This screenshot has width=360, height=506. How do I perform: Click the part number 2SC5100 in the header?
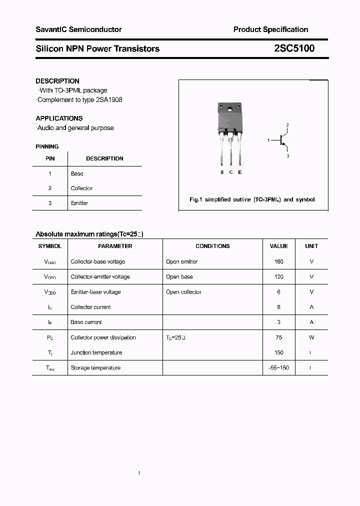pos(294,48)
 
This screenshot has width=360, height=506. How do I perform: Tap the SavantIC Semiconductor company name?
pos(78,29)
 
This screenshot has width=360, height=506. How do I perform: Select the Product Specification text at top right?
pos(270,29)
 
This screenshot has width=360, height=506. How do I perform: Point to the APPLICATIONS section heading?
pos(59,118)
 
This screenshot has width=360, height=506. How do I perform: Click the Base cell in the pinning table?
pos(77,173)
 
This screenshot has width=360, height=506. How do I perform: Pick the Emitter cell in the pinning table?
pos(79,203)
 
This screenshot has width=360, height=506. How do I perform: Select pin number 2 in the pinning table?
pos(50,188)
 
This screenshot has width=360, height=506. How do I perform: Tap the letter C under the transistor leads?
pos(231,172)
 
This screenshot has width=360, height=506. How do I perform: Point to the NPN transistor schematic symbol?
pos(282,140)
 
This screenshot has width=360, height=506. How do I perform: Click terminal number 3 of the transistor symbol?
pos(287,156)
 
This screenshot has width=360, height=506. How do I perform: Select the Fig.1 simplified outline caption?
pos(252,199)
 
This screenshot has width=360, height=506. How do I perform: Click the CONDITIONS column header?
pos(212,246)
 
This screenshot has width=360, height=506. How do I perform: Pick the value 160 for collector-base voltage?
pos(278,261)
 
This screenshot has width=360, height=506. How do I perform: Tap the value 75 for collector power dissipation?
pos(278,337)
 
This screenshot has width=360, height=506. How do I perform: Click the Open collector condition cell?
pos(183,292)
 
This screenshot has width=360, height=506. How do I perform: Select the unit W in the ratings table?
pos(311,337)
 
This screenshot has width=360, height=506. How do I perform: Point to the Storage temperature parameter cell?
pos(95,368)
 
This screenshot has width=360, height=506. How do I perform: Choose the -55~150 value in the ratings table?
pos(278,368)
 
